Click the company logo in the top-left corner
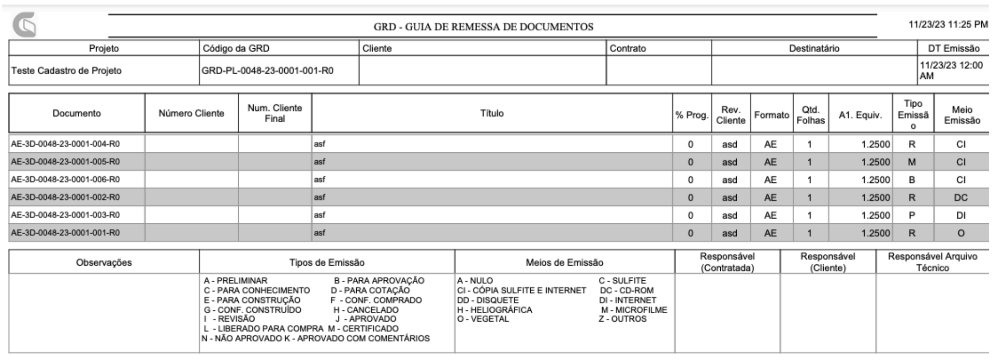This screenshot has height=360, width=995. tap(24, 25)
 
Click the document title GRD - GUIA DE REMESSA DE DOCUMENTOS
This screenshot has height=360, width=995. tap(483, 27)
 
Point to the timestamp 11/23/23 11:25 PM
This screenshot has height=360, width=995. tap(948, 25)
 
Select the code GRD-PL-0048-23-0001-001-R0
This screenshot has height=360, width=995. tap(267, 71)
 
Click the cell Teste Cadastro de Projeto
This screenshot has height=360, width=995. tap(67, 71)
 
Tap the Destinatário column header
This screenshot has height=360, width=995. tap(814, 48)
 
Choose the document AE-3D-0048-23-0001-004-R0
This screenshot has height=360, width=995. tap(66, 144)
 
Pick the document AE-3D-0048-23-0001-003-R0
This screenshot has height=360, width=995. tap(66, 215)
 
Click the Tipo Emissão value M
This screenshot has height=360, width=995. tap(912, 162)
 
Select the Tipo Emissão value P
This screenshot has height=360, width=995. tap(912, 216)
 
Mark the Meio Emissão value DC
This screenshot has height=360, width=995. tap(960, 198)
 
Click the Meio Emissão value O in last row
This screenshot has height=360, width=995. tap(960, 233)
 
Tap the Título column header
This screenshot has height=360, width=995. tap(492, 113)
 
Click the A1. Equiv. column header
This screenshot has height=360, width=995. tap(860, 115)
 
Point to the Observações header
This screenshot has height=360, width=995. tap(104, 262)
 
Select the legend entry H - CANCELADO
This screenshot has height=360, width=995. tap(366, 310)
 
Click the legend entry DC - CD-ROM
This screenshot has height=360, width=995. tap(626, 290)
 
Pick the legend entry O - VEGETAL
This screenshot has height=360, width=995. tap(483, 319)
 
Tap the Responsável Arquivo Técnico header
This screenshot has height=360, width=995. tap(932, 262)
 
